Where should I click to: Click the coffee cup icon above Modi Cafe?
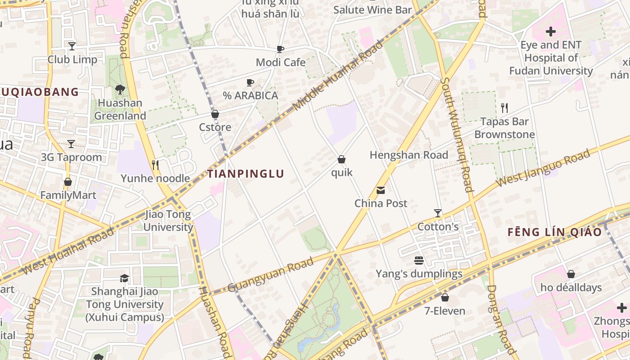pyautogui.click(x=280, y=49)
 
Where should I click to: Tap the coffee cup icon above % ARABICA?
pyautogui.click(x=250, y=82)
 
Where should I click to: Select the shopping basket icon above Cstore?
pyautogui.click(x=215, y=114)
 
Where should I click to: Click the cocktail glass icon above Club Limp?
pyautogui.click(x=72, y=46)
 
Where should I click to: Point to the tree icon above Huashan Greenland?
pyautogui.click(x=120, y=90)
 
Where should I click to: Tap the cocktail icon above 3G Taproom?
pyautogui.click(x=71, y=144)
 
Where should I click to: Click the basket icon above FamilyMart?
pyautogui.click(x=68, y=182)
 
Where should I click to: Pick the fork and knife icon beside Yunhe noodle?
pyautogui.click(x=155, y=165)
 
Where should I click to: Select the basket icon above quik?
pyautogui.click(x=342, y=159)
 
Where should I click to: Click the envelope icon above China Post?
pyautogui.click(x=381, y=190)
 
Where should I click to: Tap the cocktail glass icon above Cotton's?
pyautogui.click(x=437, y=213)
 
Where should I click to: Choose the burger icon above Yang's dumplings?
pyautogui.click(x=419, y=261)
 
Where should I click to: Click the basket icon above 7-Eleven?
pyautogui.click(x=445, y=297)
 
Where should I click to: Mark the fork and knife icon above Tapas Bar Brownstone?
pyautogui.click(x=504, y=108)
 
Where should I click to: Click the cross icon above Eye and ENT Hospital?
pyautogui.click(x=550, y=31)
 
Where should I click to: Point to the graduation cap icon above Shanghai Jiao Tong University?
pyautogui.click(x=124, y=279)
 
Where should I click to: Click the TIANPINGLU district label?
pyautogui.click(x=246, y=174)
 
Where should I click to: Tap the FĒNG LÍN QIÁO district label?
pyautogui.click(x=554, y=232)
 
